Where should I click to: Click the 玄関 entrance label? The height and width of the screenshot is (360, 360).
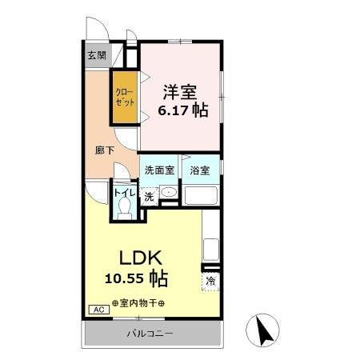click(97, 55)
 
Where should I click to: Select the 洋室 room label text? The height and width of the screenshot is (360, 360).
click(180, 90)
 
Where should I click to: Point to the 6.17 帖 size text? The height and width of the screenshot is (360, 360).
click(181, 110)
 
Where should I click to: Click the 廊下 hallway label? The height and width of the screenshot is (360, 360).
click(104, 149)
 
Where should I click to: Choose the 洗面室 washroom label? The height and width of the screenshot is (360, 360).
click(158, 170)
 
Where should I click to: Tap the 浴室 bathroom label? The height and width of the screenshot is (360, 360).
click(200, 170)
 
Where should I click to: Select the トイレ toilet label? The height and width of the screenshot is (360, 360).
click(124, 192)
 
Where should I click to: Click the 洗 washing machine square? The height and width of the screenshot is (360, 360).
click(149, 196)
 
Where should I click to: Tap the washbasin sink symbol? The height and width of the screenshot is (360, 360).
click(168, 193)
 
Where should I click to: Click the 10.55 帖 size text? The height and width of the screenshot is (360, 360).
click(135, 279)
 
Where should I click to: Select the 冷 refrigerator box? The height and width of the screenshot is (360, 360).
click(210, 282)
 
